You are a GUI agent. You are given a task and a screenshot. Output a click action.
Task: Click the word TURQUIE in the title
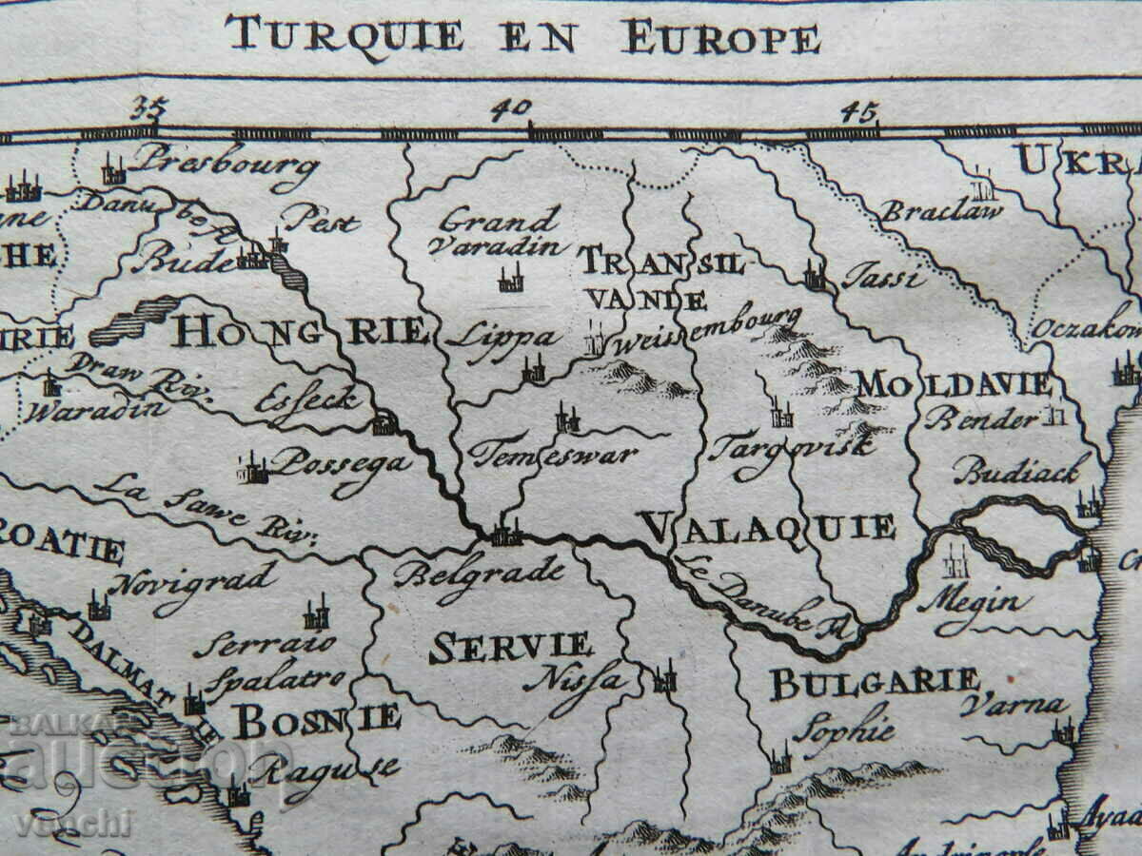[x=344, y=36]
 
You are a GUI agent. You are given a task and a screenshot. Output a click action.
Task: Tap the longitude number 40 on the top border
[x=511, y=109]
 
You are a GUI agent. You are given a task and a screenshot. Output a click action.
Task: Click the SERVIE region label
[x=511, y=647]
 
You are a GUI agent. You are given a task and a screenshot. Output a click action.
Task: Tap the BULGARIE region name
[x=874, y=682]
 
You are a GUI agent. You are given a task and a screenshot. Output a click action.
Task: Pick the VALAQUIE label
[x=767, y=526]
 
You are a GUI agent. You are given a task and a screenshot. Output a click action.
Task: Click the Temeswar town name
[x=552, y=454]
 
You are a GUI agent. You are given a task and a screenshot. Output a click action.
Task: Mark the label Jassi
[x=882, y=278]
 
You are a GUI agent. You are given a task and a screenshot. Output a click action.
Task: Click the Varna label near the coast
[x=1014, y=706]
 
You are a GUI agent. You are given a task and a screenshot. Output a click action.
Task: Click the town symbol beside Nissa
[x=664, y=679]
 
